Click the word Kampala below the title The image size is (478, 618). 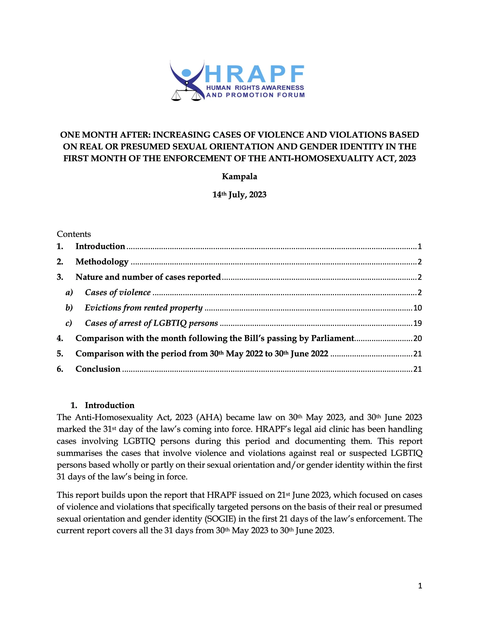click(239, 177)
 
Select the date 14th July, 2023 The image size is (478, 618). click(239, 195)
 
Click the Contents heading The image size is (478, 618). click(74, 234)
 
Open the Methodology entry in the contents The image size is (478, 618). click(102, 262)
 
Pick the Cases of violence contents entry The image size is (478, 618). click(118, 292)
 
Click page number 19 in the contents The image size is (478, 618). click(417, 323)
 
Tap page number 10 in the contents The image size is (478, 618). click(417, 308)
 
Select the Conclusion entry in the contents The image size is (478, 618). click(98, 369)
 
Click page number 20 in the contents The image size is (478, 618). click(417, 339)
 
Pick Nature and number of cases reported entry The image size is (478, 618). click(148, 277)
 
